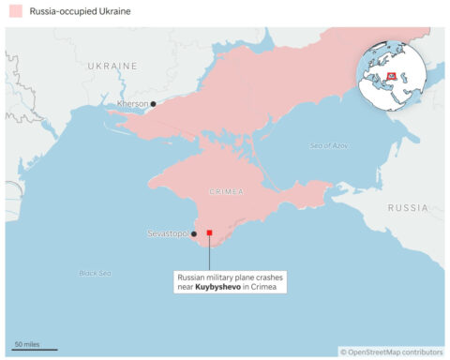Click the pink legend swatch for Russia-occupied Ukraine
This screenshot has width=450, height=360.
click(15, 11)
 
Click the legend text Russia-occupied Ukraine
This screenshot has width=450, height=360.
click(79, 11)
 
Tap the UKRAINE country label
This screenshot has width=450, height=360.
click(112, 67)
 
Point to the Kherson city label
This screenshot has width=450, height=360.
click(133, 103)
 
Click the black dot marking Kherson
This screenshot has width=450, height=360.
click(154, 103)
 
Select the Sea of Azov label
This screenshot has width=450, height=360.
click(329, 146)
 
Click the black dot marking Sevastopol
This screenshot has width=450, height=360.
click(193, 233)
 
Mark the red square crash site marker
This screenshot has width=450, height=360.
click(210, 232)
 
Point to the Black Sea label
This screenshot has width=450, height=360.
click(95, 273)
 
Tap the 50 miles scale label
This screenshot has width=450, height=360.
click(26, 343)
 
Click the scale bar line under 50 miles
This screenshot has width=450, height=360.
click(36, 350)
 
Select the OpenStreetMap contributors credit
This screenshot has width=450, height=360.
click(392, 352)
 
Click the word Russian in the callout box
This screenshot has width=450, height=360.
click(193, 277)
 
